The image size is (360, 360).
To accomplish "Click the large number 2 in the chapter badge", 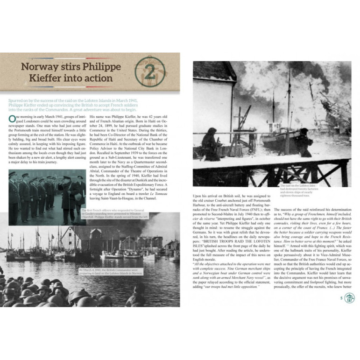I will [x=150, y=73].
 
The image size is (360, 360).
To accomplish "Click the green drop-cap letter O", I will [x=12, y=119].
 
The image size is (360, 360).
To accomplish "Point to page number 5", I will [x=341, y=298].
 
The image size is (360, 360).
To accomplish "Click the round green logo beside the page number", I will [x=349, y=298].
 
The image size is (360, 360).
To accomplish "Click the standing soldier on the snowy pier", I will [x=304, y=142].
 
